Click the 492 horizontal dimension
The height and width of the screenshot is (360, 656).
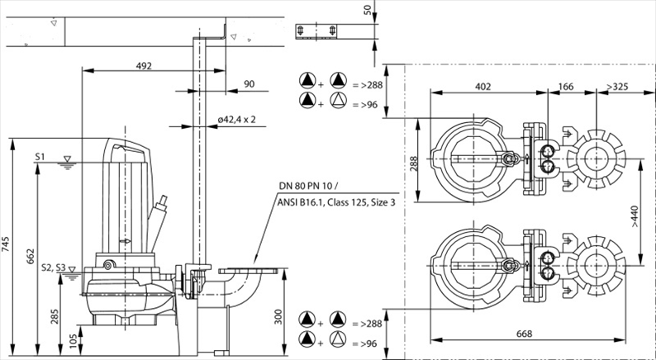144,66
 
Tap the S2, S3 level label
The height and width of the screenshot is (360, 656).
49,268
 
